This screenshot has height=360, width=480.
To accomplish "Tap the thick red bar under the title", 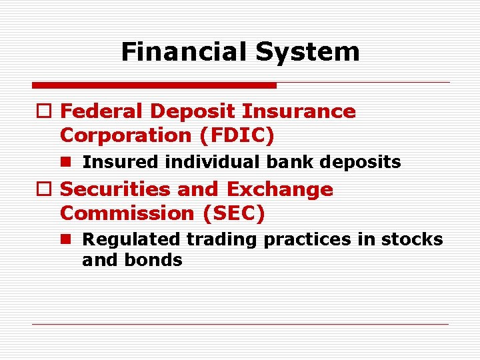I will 154,85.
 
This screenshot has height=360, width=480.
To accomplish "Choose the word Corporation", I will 127,135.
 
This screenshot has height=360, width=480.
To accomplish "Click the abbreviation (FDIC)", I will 237,135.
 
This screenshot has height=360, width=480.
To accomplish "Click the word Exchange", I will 280,189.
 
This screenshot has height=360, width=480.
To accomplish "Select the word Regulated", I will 131,239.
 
